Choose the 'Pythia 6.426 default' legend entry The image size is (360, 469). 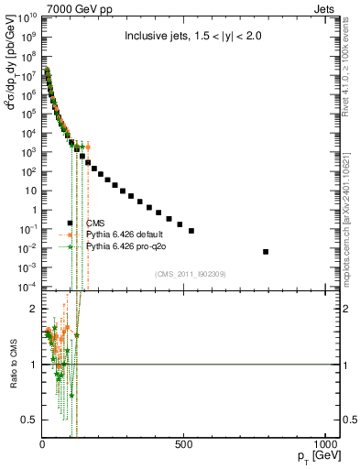coord(123,235)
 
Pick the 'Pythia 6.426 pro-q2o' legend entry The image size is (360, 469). coord(124,247)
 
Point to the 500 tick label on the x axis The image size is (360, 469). coord(184,445)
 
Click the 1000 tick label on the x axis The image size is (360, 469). coord(322,445)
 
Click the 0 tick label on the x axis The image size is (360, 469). coord(43,445)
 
